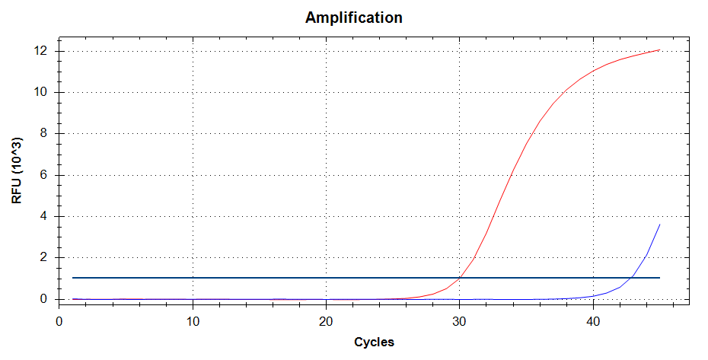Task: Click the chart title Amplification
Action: (x=354, y=18)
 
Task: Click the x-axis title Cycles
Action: (x=374, y=342)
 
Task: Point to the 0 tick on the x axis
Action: (x=59, y=321)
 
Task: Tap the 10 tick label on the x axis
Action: (x=193, y=321)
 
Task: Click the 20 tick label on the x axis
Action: (x=326, y=321)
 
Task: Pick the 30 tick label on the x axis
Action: (x=459, y=321)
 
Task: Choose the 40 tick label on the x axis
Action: (x=592, y=321)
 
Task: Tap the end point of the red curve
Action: (x=659, y=50)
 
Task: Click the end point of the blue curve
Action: (x=659, y=225)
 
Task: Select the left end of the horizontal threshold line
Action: (x=72, y=278)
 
